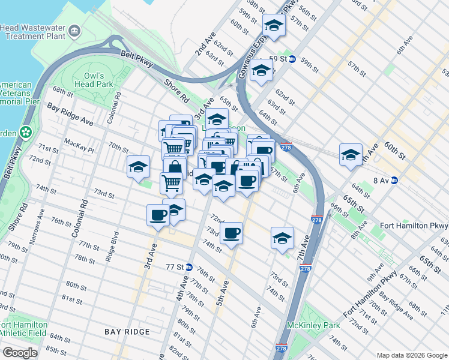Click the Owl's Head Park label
point(94,80)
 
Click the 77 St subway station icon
point(188,268)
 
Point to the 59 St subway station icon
point(292,59)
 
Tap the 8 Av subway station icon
point(394,180)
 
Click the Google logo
point(20,353)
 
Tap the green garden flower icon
point(26,131)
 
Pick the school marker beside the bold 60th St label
point(350,155)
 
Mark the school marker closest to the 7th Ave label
point(282,238)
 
